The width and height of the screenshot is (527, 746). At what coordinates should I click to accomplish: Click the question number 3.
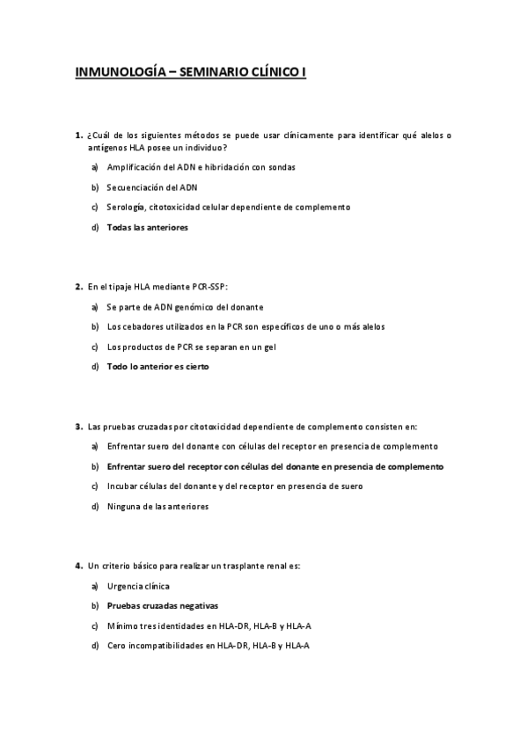pyautogui.click(x=78, y=426)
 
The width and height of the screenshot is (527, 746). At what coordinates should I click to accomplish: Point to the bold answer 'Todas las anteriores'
pyautogui.click(x=147, y=227)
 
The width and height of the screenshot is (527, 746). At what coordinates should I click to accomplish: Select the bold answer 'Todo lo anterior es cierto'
pyautogui.click(x=157, y=367)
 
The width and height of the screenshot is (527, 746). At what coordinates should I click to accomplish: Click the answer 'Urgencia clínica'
pyautogui.click(x=138, y=585)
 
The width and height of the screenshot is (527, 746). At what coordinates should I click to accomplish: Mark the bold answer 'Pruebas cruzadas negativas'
pyautogui.click(x=162, y=605)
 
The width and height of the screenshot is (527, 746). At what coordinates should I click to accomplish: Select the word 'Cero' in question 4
pyautogui.click(x=115, y=646)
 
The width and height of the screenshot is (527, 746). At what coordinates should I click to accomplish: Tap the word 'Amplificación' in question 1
pyautogui.click(x=135, y=166)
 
